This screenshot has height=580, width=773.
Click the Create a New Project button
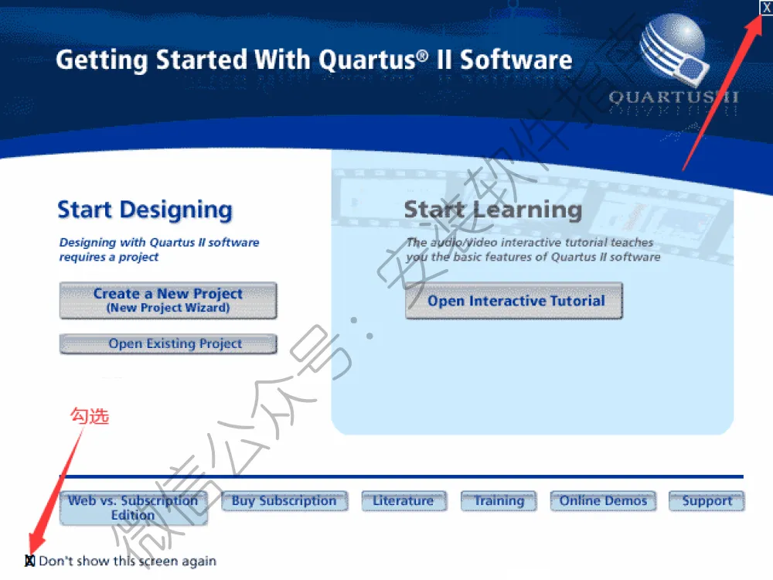(x=168, y=300)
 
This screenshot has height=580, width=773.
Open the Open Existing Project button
(x=168, y=344)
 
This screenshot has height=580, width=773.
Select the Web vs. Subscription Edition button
(x=133, y=508)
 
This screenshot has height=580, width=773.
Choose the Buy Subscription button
(x=284, y=501)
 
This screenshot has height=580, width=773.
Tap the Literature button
(x=404, y=501)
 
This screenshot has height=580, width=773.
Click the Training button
(x=499, y=501)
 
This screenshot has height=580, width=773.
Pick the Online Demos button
(x=603, y=501)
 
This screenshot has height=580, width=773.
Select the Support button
(x=707, y=501)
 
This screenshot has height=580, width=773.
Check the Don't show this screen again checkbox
(x=30, y=561)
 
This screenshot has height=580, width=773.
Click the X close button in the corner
(x=766, y=8)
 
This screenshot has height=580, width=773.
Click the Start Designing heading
(x=145, y=210)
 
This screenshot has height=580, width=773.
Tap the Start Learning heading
(x=493, y=210)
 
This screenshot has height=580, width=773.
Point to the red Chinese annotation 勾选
(x=89, y=416)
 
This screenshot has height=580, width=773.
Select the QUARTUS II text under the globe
(x=673, y=97)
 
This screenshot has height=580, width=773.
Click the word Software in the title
(x=516, y=60)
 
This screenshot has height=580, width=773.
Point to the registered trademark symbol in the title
(x=423, y=55)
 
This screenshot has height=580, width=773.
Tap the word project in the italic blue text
(x=138, y=258)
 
